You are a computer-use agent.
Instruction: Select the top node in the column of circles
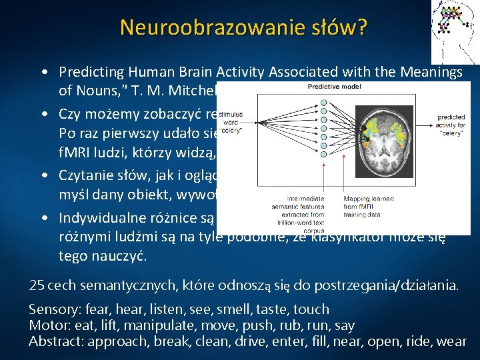tap(325, 103)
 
